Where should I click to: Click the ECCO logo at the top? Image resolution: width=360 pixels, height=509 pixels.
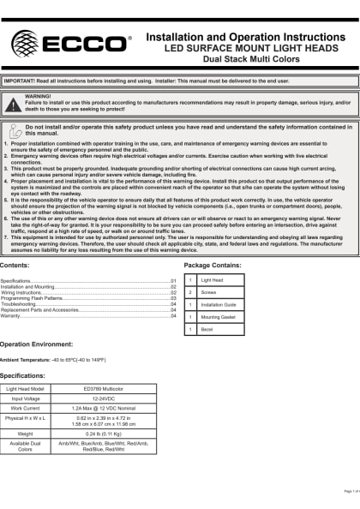click(69, 42)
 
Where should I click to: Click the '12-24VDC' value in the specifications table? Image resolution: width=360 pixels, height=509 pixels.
click(109, 398)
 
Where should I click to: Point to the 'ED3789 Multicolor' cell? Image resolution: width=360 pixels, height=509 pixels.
click(109, 388)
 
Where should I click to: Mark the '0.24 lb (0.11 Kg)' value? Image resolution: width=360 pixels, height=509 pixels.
click(109, 434)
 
